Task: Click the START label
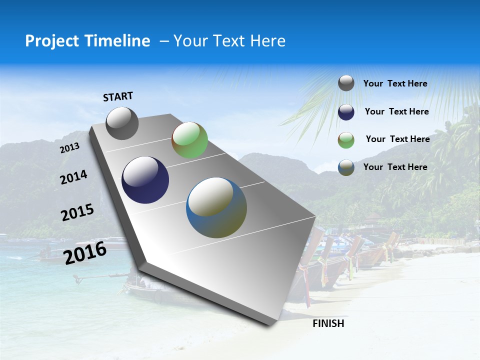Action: point(118,96)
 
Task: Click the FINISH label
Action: point(328,323)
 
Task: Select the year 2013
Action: point(69,148)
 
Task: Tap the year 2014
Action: point(73,177)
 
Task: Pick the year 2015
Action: point(77,212)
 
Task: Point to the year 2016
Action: point(85,253)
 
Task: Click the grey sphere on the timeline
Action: point(122,123)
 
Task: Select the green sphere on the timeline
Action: point(189,140)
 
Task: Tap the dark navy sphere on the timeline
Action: point(145,180)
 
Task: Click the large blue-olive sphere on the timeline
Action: point(216,207)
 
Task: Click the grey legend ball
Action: point(346,83)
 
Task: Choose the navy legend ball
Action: point(346,112)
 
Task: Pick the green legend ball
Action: point(346,140)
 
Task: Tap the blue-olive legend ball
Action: point(346,167)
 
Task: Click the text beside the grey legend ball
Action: point(395,83)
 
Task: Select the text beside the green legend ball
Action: point(397,139)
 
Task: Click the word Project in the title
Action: point(52,41)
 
